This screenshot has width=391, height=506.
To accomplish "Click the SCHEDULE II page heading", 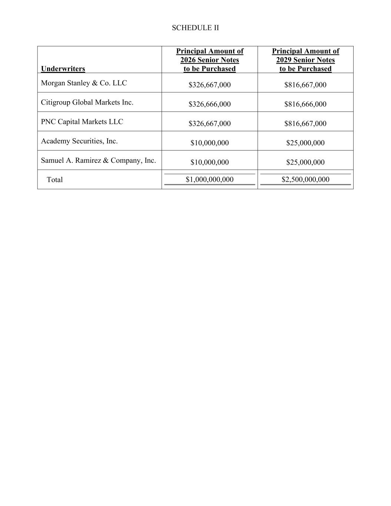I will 195,28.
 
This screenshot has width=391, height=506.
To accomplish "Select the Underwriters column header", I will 63,69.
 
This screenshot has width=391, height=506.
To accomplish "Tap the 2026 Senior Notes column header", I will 210,60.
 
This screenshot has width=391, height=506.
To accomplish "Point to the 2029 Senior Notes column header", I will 305,60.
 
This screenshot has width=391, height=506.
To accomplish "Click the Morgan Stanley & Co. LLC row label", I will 84,83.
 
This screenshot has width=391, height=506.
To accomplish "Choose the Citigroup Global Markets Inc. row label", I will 87,102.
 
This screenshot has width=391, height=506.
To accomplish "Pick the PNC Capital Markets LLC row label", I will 82,122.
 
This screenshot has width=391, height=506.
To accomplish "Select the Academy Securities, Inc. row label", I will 79,141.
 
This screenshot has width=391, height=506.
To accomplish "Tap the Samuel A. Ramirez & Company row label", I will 98,161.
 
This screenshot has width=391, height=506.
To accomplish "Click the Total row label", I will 55,180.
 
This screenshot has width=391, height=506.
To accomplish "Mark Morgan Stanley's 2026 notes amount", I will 209,85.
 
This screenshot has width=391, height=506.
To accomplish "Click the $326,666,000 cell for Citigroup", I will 209,104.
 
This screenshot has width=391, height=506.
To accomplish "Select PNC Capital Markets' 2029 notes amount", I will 305,123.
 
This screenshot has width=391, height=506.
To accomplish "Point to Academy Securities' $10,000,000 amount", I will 209,143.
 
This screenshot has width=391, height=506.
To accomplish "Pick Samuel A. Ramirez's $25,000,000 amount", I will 305,162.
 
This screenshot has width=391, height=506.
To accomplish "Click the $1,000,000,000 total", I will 209,179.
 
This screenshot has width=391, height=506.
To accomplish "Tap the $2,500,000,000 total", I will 305,179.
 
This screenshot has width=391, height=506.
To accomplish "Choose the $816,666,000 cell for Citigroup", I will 305,104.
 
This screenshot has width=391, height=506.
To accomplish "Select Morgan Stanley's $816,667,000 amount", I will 305,85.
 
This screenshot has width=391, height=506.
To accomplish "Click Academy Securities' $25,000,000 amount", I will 305,143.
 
